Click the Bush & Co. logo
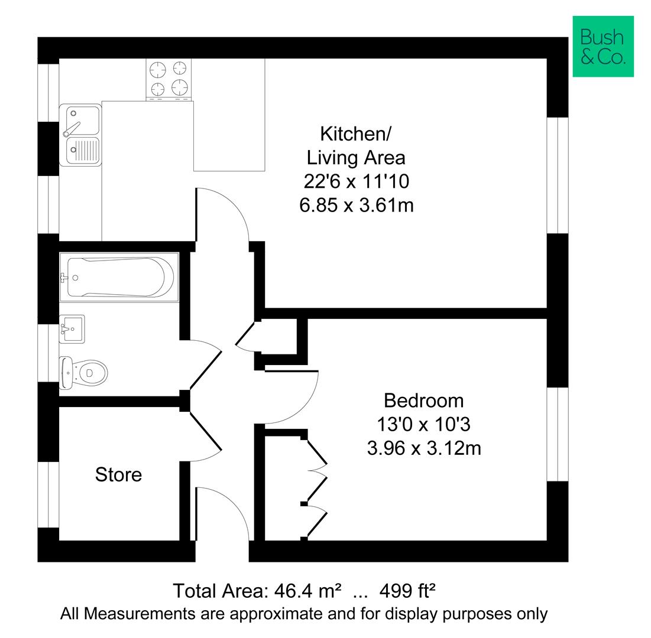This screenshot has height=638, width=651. [603, 46]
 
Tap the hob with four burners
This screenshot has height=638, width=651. [169, 80]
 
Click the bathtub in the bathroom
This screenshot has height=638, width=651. [119, 277]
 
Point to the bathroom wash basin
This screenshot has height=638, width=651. [72, 328]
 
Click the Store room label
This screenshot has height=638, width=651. [118, 474]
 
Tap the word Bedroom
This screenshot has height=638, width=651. [423, 401]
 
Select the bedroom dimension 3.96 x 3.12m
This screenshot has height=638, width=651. [423, 448]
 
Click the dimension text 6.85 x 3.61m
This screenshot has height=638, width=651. [356, 205]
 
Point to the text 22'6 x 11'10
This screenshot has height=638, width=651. [356, 181]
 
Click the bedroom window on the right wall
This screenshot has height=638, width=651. [557, 434]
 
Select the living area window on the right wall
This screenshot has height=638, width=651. [557, 175]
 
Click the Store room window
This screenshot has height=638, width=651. [48, 494]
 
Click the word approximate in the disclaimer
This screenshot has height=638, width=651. [276, 614]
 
